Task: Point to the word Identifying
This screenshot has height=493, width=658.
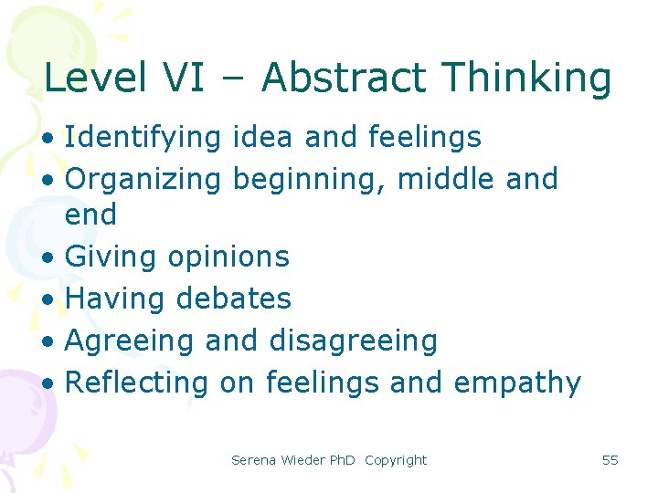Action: coord(143,138)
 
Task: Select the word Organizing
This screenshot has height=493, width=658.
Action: coord(143,180)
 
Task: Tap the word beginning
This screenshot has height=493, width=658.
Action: coord(312,180)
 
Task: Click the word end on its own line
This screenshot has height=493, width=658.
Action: coord(91,215)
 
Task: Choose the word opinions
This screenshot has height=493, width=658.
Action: coord(228,257)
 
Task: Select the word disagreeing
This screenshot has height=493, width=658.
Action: coord(353,341)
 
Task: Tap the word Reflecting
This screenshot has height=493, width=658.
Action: coord(138,383)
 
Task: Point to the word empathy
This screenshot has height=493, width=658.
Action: coord(516,383)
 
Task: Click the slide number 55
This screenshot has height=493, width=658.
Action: coord(610,460)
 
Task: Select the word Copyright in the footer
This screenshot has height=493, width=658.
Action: coord(396,460)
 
